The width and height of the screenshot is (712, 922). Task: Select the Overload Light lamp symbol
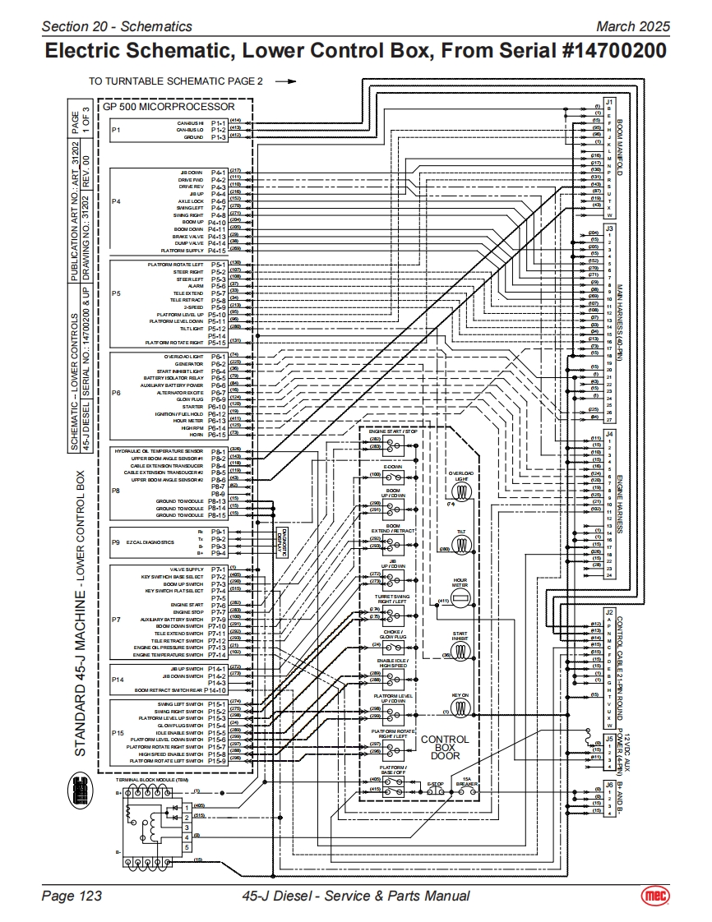click(x=461, y=491)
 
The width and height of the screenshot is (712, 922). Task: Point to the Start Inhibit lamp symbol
click(x=461, y=655)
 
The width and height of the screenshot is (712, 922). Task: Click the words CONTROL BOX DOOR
click(x=445, y=747)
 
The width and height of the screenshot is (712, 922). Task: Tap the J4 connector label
click(x=609, y=433)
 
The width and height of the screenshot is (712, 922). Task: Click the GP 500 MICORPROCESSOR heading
click(x=169, y=107)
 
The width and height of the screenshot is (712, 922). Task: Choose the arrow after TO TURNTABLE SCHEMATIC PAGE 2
click(x=285, y=82)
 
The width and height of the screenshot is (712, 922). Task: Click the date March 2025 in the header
click(x=633, y=26)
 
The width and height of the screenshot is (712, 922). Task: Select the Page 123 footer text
click(x=72, y=896)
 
